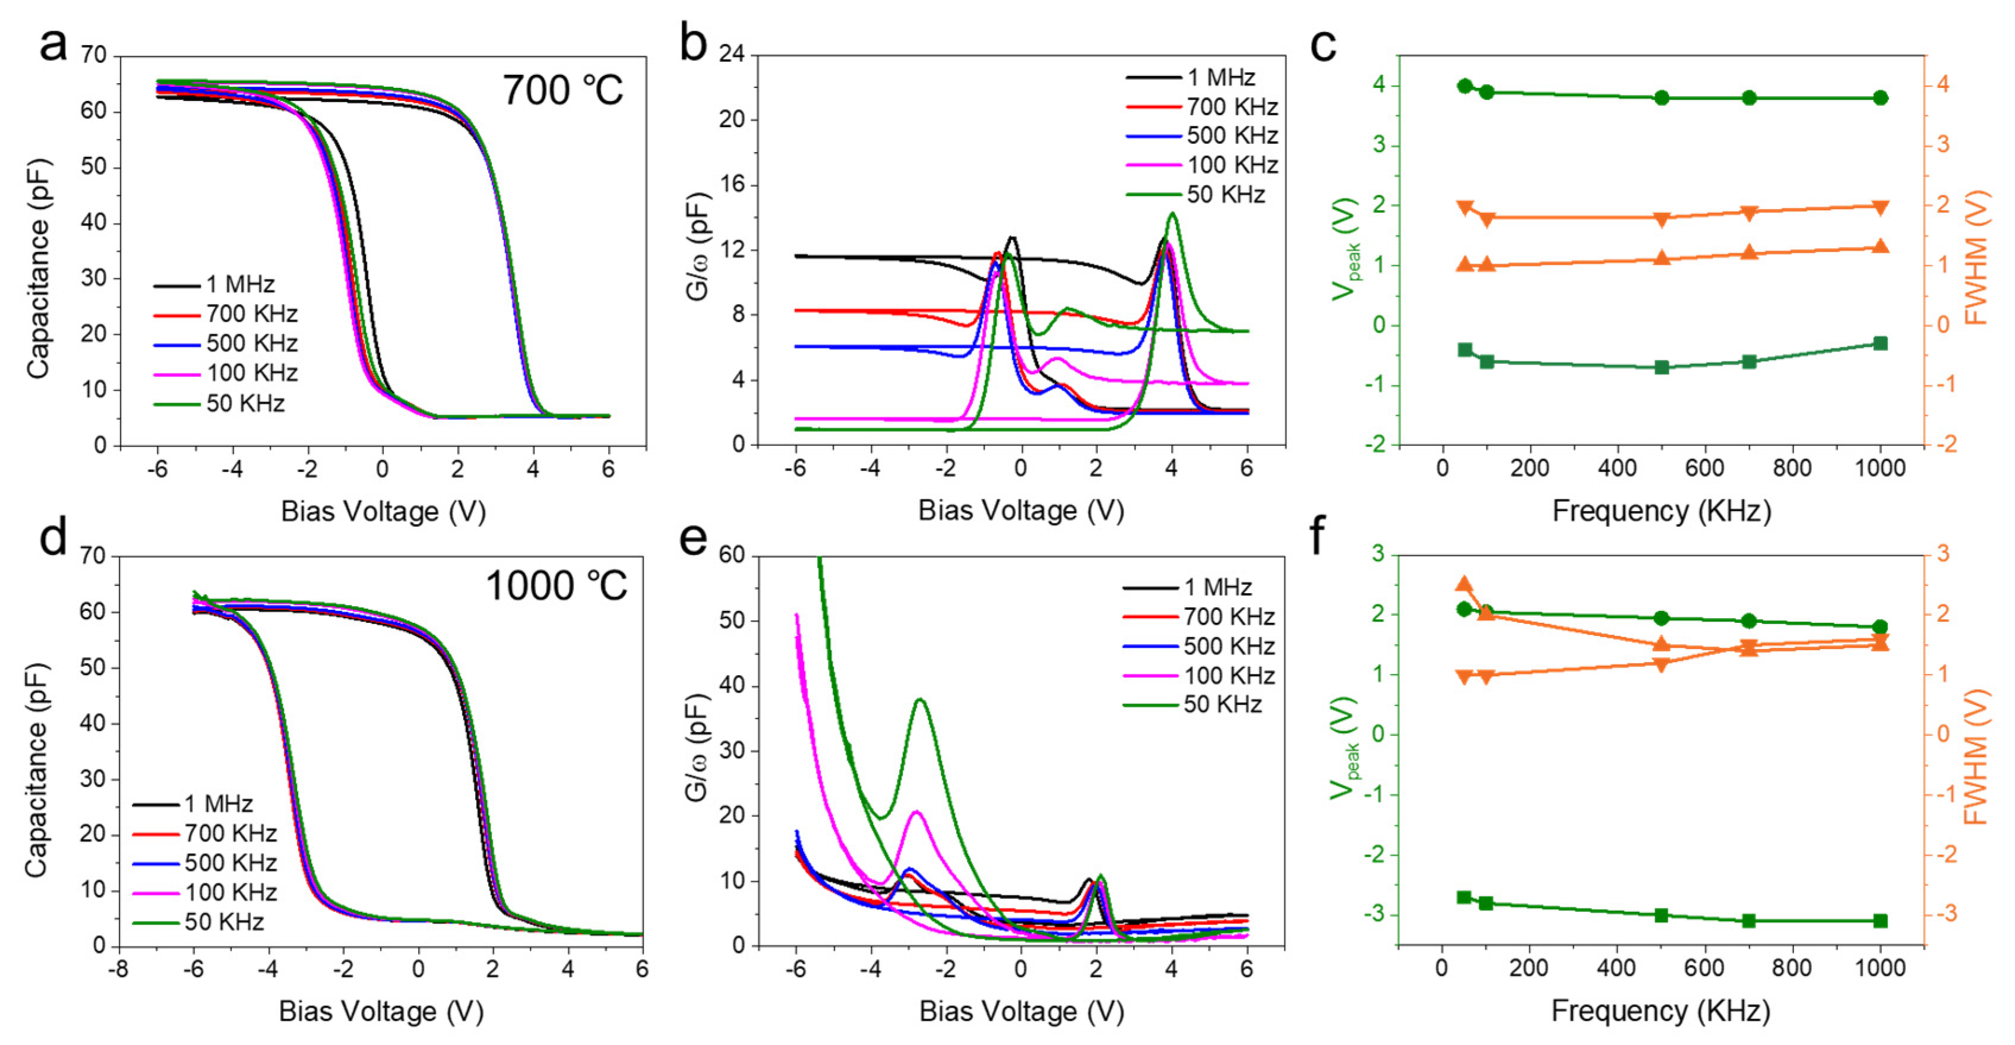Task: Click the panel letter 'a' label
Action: [x=53, y=45]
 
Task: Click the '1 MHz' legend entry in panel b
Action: [x=1220, y=77]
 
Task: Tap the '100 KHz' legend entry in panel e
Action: [x=1228, y=675]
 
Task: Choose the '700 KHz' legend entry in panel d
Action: [x=230, y=832]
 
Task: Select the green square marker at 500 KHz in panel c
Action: [x=1662, y=367]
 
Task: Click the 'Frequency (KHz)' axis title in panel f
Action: [x=1660, y=1011]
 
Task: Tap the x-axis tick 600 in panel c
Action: [x=1704, y=468]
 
